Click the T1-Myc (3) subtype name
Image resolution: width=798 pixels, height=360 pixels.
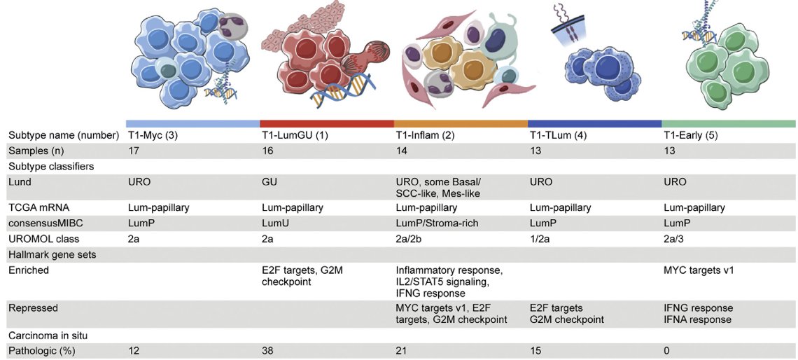pyautogui.click(x=152, y=136)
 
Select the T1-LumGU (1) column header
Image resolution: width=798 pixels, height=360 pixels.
pyautogui.click(x=290, y=136)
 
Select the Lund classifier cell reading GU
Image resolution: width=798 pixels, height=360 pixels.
pyautogui.click(x=267, y=182)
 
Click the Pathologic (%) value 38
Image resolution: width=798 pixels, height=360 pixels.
pyautogui.click(x=266, y=351)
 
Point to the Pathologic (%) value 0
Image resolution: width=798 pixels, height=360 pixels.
pyautogui.click(x=666, y=351)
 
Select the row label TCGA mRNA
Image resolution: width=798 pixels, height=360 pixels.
pyautogui.click(x=33, y=208)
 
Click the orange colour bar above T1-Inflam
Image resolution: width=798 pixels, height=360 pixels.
pyautogui.click(x=461, y=124)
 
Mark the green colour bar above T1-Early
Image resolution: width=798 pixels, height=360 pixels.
pyautogui.click(x=728, y=124)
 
